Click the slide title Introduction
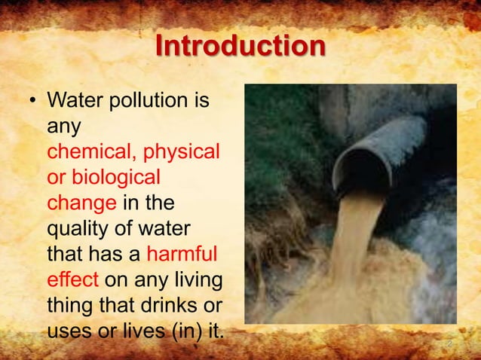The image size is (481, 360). point(240,47)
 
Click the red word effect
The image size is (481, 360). point(72,279)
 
